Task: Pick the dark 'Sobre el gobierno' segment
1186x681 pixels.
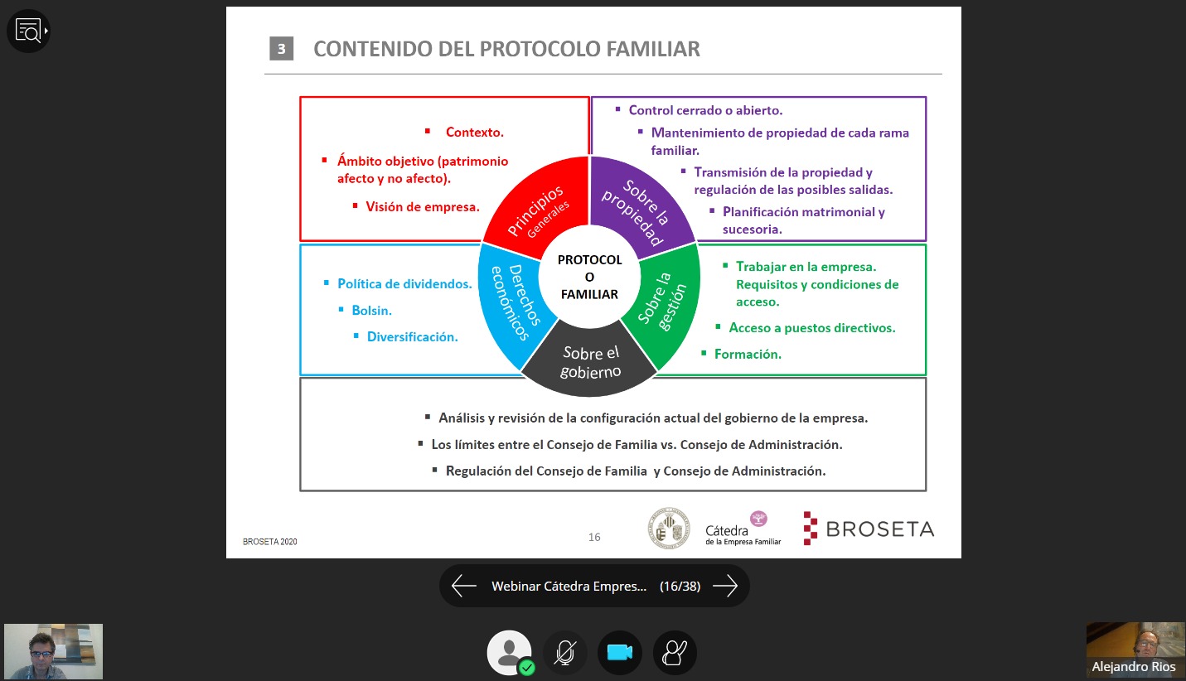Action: click(x=589, y=363)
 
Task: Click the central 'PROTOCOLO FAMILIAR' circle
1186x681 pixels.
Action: click(x=589, y=277)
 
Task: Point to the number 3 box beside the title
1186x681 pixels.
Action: click(x=281, y=49)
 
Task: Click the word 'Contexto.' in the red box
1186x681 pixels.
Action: click(x=474, y=133)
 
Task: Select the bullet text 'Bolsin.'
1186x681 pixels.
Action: click(x=371, y=311)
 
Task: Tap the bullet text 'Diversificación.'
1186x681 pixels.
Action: click(x=413, y=337)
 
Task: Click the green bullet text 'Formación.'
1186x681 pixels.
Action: click(x=748, y=354)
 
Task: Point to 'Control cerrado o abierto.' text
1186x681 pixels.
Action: click(x=705, y=110)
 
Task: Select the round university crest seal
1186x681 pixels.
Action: click(x=669, y=528)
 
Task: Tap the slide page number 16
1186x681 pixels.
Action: click(x=594, y=537)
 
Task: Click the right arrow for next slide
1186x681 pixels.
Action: click(x=725, y=586)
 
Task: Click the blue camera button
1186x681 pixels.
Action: click(x=619, y=653)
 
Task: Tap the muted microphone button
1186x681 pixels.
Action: click(x=564, y=653)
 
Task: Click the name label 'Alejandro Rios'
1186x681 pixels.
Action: click(x=1134, y=667)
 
